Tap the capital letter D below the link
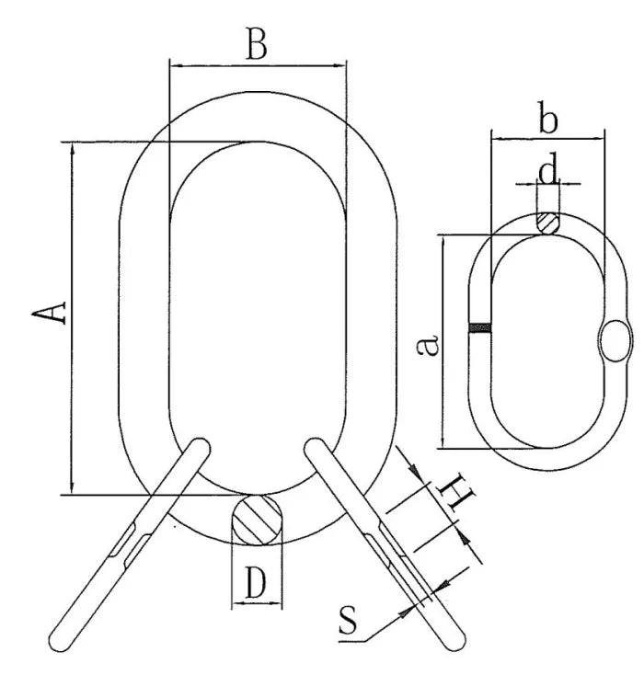pos(257,584)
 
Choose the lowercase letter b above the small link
pos(548,119)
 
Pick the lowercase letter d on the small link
pos(547,171)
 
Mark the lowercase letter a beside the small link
pos(427,346)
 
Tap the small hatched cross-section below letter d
pos(548,223)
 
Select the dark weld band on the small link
pos(479,327)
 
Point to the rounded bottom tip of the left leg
pos(59,637)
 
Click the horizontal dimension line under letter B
pos(258,66)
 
